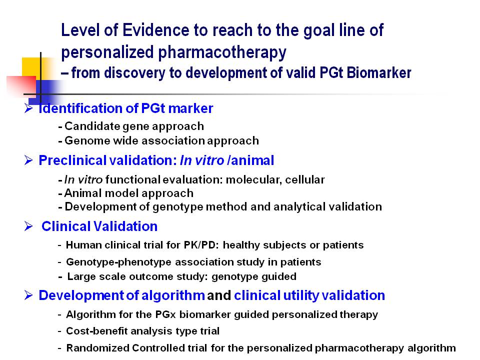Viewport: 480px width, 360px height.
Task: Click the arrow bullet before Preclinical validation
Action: (x=28, y=160)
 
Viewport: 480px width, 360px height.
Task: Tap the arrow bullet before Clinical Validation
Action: (x=28, y=226)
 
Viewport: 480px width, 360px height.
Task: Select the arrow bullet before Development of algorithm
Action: (x=28, y=295)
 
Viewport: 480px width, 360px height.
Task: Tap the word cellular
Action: (x=304, y=179)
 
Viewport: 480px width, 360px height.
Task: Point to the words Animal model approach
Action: (x=129, y=193)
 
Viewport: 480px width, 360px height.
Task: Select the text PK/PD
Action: (x=201, y=245)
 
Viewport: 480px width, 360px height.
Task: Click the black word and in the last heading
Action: (x=219, y=295)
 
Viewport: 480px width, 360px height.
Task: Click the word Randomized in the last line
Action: (x=97, y=348)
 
